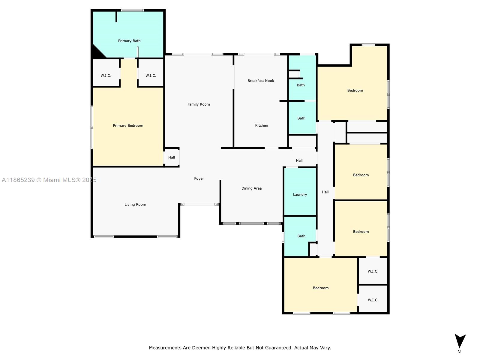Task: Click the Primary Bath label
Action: (x=129, y=41)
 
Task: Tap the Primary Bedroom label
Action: (x=128, y=125)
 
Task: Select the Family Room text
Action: (x=199, y=104)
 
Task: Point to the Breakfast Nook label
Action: (x=260, y=81)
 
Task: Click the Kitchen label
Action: (x=261, y=125)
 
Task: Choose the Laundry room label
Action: (x=300, y=195)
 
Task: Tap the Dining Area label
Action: (x=251, y=188)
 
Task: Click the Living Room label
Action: (x=135, y=205)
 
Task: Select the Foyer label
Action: (x=199, y=178)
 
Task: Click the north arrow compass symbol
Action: (x=460, y=341)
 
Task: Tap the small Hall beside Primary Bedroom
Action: (x=171, y=157)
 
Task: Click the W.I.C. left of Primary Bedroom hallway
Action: (x=106, y=75)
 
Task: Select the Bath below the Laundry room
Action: (x=301, y=236)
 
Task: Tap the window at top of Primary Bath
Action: (x=132, y=10)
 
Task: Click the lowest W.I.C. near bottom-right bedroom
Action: (x=373, y=300)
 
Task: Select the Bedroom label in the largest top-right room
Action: (x=355, y=90)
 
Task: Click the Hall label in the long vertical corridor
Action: (x=325, y=192)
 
